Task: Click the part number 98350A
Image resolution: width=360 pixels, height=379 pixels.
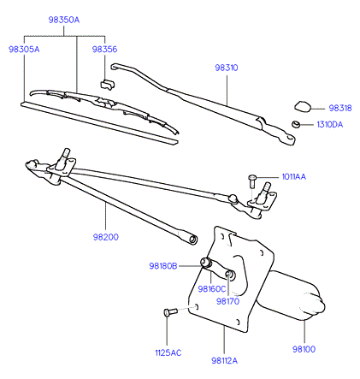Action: point(64,20)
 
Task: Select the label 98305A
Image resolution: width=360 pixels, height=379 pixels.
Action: point(24,50)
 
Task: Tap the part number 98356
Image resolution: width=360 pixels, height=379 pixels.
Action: point(104,49)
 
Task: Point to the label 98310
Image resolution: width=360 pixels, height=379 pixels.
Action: point(227,68)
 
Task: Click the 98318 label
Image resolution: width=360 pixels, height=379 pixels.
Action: point(340,108)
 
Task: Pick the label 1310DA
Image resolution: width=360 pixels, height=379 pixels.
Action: point(330,125)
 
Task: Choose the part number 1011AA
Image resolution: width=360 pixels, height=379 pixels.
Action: point(294,177)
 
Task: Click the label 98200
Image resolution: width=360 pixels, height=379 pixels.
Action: point(105,237)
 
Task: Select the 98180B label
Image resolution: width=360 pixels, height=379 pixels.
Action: point(163,266)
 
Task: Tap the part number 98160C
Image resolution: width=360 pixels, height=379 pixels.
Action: point(212,289)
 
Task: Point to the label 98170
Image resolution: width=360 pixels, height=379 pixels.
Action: point(227,301)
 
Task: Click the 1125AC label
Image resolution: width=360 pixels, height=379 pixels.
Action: point(168,352)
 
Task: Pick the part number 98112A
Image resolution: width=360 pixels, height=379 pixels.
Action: point(224,361)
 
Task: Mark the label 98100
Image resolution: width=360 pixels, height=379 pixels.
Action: point(304,349)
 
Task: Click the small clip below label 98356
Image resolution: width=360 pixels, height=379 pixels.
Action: point(107,84)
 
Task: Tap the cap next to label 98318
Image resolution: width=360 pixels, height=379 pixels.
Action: point(303,106)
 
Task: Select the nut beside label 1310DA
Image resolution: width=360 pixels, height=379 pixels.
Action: point(295,124)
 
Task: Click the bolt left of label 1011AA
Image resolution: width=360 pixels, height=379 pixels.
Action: point(252,181)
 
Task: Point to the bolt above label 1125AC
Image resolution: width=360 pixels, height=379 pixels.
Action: point(171,311)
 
